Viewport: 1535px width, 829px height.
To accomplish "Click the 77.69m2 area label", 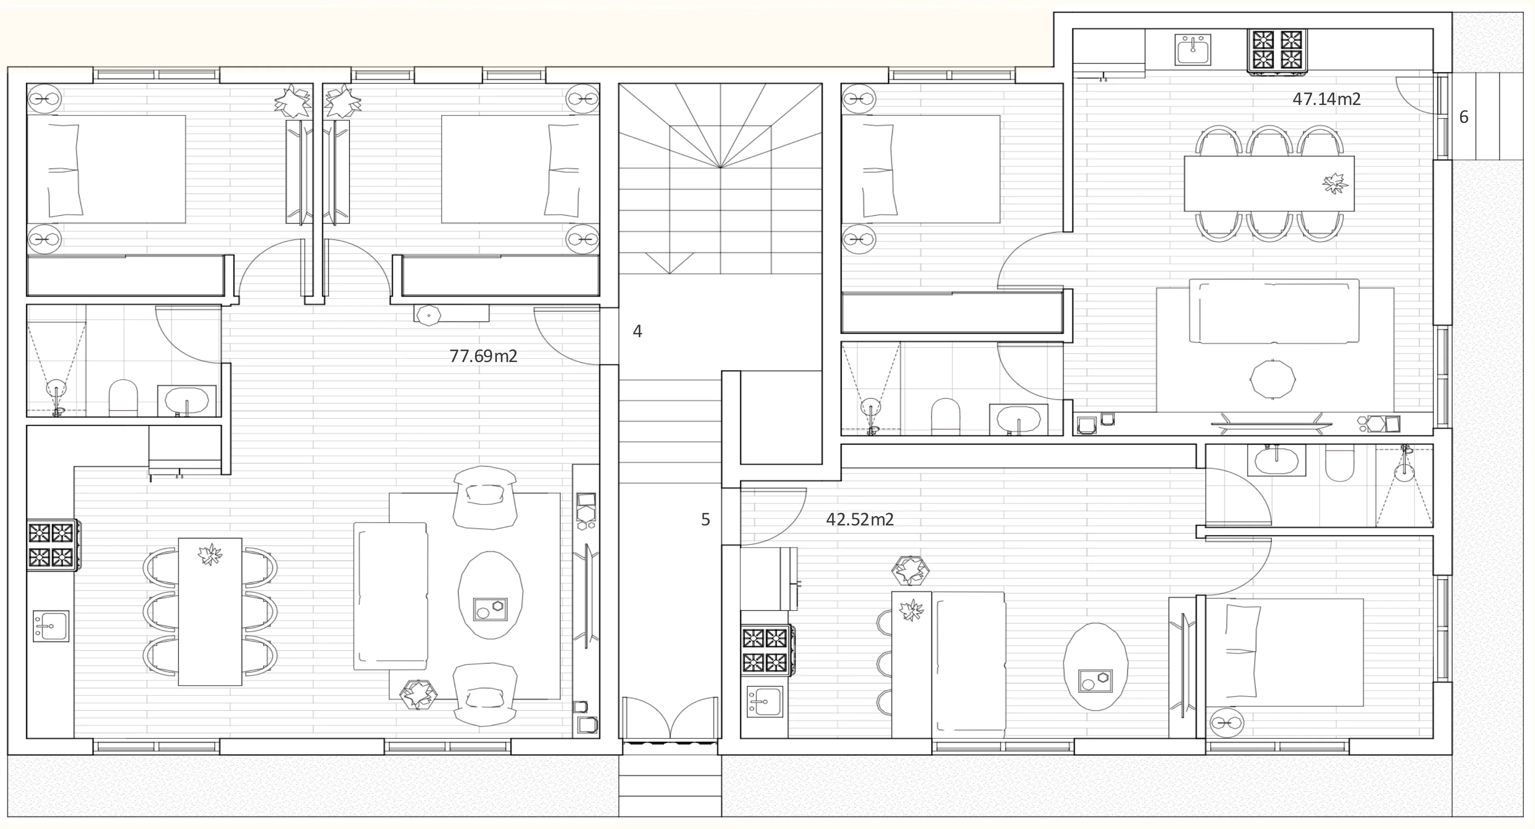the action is tap(483, 356).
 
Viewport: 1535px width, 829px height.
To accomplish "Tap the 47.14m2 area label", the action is tap(1326, 99).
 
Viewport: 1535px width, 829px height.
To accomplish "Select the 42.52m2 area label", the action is tap(860, 520).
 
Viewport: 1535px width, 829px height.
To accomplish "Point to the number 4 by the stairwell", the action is tap(638, 332).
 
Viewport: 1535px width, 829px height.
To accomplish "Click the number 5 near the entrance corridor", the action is tap(705, 520).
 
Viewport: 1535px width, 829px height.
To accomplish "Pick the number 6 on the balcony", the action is tap(1464, 117).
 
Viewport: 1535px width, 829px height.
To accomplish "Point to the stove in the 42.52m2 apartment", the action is tap(767, 650).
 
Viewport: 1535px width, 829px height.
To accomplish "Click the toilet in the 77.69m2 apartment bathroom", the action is tap(123, 398).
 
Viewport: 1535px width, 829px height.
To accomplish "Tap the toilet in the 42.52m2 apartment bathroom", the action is tap(1339, 463).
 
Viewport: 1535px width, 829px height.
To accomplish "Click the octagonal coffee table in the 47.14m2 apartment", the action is tap(1272, 379).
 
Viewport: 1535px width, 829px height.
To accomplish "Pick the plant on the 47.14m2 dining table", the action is tap(1335, 183).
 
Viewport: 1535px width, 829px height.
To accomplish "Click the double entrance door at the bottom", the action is tap(670, 718).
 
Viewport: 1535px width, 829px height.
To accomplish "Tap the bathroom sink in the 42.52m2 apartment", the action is tap(1276, 460).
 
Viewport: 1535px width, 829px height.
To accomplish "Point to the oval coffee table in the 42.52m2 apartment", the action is tap(1095, 667).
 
